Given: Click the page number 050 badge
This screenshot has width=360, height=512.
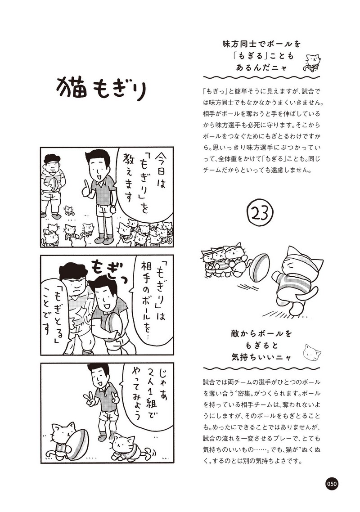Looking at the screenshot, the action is pyautogui.click(x=332, y=484).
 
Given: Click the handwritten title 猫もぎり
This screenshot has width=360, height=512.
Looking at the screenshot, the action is pyautogui.click(x=101, y=88).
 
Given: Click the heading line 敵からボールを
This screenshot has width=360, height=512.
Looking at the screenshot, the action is pyautogui.click(x=261, y=334).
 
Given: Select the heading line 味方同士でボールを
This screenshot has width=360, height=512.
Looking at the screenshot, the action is pyautogui.click(x=261, y=44).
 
